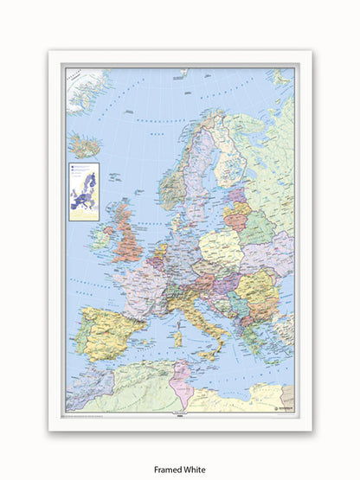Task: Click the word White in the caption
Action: [x=198, y=458]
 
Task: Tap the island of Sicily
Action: [x=200, y=349]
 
